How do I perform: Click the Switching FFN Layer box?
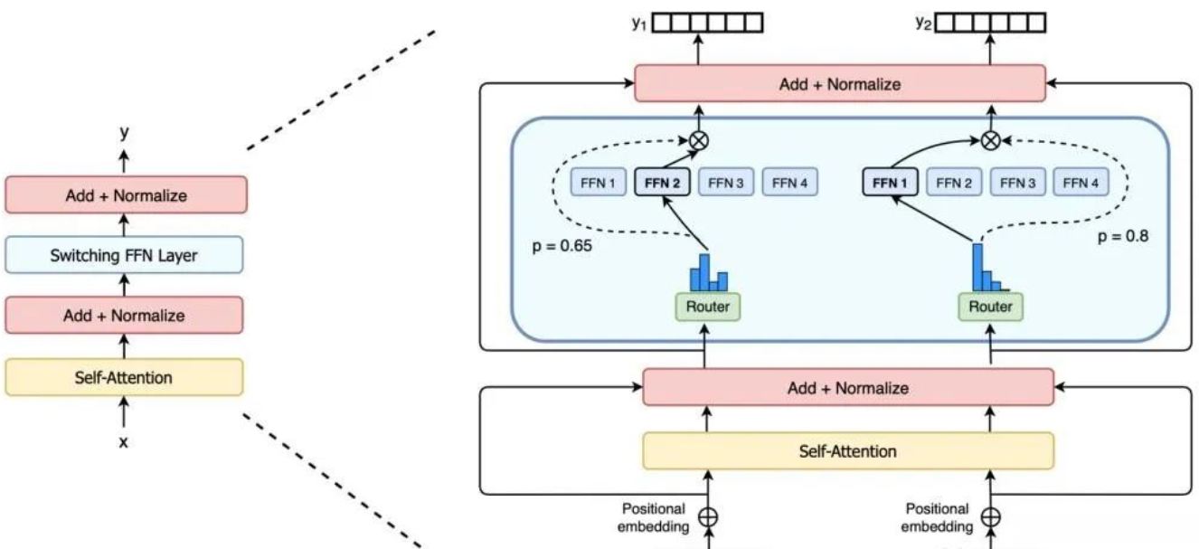[124, 256]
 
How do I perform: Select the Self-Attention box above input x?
[124, 377]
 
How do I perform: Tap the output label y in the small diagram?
[125, 132]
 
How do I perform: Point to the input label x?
[125, 444]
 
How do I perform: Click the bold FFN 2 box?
[663, 183]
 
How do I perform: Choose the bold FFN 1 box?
[890, 183]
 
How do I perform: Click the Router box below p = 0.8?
[991, 307]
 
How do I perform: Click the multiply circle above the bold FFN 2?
[698, 140]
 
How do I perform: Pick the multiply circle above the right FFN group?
[992, 140]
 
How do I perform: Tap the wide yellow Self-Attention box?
[848, 450]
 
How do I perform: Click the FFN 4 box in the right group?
[1081, 183]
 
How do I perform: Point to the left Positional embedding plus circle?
[710, 517]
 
